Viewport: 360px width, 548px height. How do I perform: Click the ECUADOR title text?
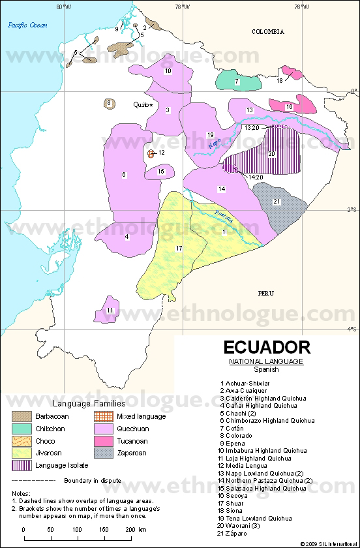click(x=267, y=347)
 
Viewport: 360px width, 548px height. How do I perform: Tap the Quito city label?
click(x=141, y=104)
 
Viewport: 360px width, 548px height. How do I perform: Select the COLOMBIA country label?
click(x=269, y=31)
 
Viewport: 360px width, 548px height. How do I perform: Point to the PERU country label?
click(x=265, y=293)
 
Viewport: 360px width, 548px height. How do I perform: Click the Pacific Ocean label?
click(x=25, y=25)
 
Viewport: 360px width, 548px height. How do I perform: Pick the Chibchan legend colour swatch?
click(x=24, y=428)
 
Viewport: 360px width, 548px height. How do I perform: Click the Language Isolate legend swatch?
click(x=24, y=465)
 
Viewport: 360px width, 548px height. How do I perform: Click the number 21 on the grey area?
click(x=277, y=202)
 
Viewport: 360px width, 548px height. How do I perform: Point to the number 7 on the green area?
click(x=237, y=82)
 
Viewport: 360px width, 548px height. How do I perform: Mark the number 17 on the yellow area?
click(x=179, y=249)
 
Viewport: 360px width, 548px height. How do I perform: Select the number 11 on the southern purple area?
click(x=111, y=310)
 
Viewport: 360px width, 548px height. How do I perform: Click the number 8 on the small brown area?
click(x=109, y=104)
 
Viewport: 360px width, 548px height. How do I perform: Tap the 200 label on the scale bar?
click(x=130, y=529)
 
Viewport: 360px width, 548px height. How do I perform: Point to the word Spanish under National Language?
click(x=266, y=369)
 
